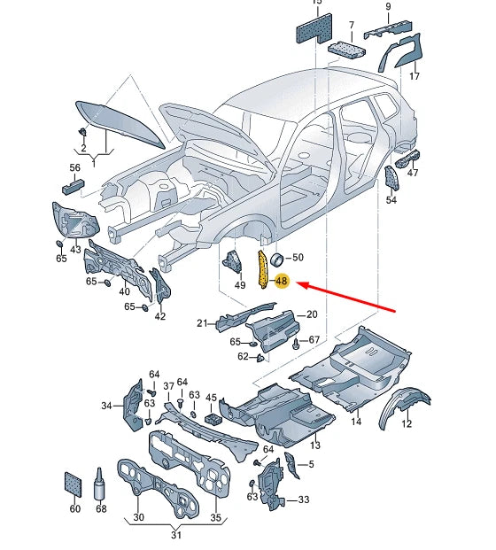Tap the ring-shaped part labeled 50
(276, 259)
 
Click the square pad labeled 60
(74, 482)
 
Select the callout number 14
(356, 422)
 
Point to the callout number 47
(413, 173)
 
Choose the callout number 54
(391, 200)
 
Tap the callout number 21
(202, 323)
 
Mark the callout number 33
(304, 500)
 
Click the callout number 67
(314, 340)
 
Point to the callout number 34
(107, 407)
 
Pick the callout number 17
(414, 77)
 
